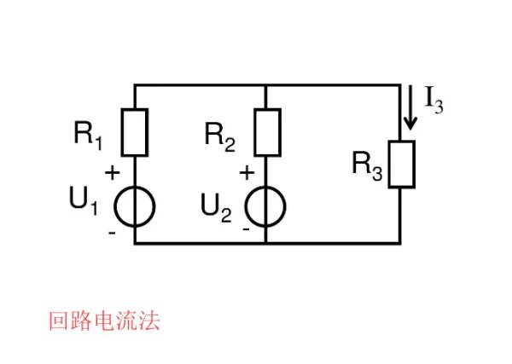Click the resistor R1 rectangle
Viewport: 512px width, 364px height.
pos(135,131)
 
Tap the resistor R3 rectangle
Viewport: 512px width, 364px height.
pos(401,164)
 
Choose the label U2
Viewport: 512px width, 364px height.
pos(217,207)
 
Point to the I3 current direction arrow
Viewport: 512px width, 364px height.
pos(411,109)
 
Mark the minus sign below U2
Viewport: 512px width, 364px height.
pos(246,229)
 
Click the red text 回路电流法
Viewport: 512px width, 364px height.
pos(103,322)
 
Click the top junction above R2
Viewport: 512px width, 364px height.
pos(266,85)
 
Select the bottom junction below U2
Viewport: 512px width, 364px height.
pos(266,243)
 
